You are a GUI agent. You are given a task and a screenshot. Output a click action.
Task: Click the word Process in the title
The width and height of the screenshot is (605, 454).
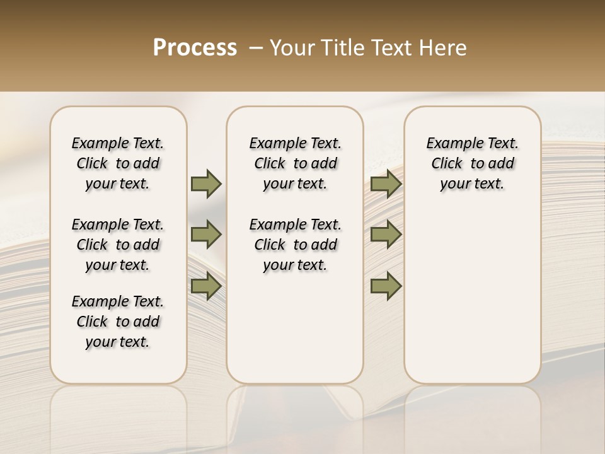tap(195, 48)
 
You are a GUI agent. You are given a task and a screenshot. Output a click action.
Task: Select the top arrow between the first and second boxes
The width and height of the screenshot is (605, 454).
tap(206, 183)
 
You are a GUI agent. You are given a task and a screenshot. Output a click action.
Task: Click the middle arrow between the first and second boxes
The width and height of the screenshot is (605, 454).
tap(206, 235)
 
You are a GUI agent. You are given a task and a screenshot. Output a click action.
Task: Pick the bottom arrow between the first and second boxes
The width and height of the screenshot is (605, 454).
tap(206, 286)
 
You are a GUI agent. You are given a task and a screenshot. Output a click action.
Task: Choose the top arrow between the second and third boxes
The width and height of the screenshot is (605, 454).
tap(386, 183)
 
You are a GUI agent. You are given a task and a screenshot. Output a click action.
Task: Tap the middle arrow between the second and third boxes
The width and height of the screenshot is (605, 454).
tap(386, 235)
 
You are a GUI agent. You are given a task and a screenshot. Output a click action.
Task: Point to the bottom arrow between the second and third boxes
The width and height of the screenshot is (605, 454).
tap(386, 286)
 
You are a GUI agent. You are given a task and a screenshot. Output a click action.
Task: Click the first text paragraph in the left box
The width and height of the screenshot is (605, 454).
tap(118, 163)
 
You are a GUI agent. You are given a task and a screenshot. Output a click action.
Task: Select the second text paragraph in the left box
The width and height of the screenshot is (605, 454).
tap(118, 245)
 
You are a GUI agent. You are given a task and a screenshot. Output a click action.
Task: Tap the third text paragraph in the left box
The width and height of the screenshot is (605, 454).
tap(118, 322)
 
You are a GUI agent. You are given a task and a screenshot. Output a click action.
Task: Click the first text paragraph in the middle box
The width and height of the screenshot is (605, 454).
tap(295, 163)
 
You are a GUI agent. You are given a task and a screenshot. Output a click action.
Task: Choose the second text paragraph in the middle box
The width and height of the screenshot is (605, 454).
tap(295, 245)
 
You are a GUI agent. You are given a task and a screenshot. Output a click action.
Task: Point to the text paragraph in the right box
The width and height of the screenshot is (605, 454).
tap(473, 163)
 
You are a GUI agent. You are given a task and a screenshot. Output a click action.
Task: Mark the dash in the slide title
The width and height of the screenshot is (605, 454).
tap(256, 48)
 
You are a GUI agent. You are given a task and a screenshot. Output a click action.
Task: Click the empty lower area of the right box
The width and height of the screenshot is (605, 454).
tap(473, 303)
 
